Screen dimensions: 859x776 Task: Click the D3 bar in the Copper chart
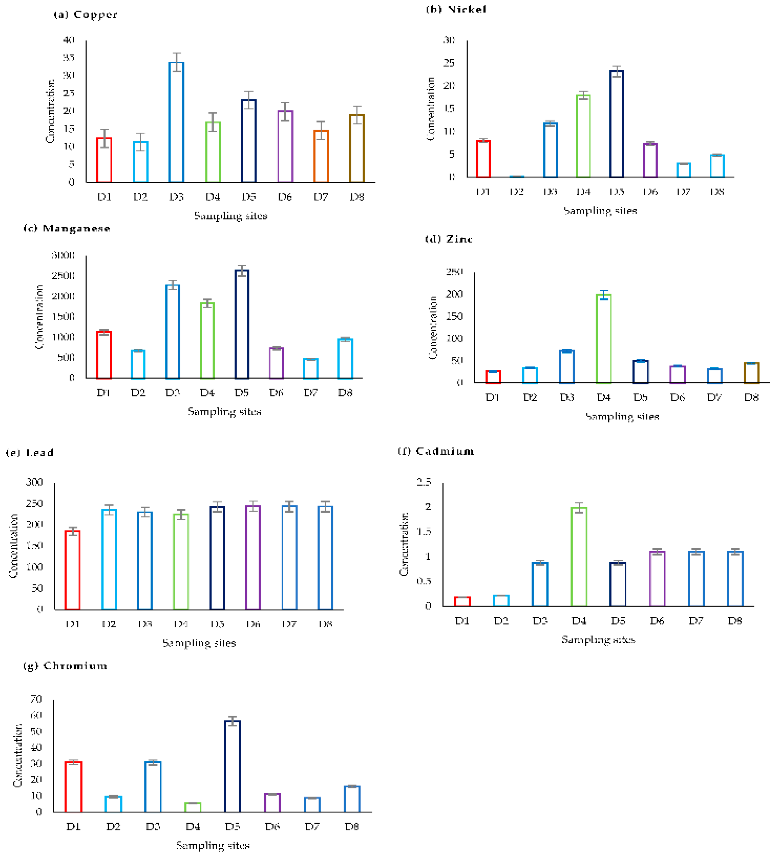(x=176, y=122)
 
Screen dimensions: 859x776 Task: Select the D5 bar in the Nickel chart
(x=616, y=124)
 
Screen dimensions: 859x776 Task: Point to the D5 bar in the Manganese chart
(x=242, y=324)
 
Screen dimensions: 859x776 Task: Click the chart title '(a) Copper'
(x=85, y=15)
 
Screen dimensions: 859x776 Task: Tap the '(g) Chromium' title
(x=65, y=666)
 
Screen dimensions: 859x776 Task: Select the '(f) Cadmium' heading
(x=435, y=451)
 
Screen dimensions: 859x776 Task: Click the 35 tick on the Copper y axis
(x=69, y=58)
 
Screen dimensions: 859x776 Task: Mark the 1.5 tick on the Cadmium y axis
(x=424, y=531)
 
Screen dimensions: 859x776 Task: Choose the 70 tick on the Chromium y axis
(x=36, y=699)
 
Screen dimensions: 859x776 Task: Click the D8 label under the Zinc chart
(x=751, y=397)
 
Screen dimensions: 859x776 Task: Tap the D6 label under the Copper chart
(x=285, y=197)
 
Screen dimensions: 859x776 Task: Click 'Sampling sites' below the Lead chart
(x=199, y=643)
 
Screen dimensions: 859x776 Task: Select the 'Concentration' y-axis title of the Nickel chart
(x=431, y=109)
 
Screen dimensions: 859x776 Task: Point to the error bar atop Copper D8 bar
(x=357, y=115)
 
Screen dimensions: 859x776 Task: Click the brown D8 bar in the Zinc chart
(x=751, y=373)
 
